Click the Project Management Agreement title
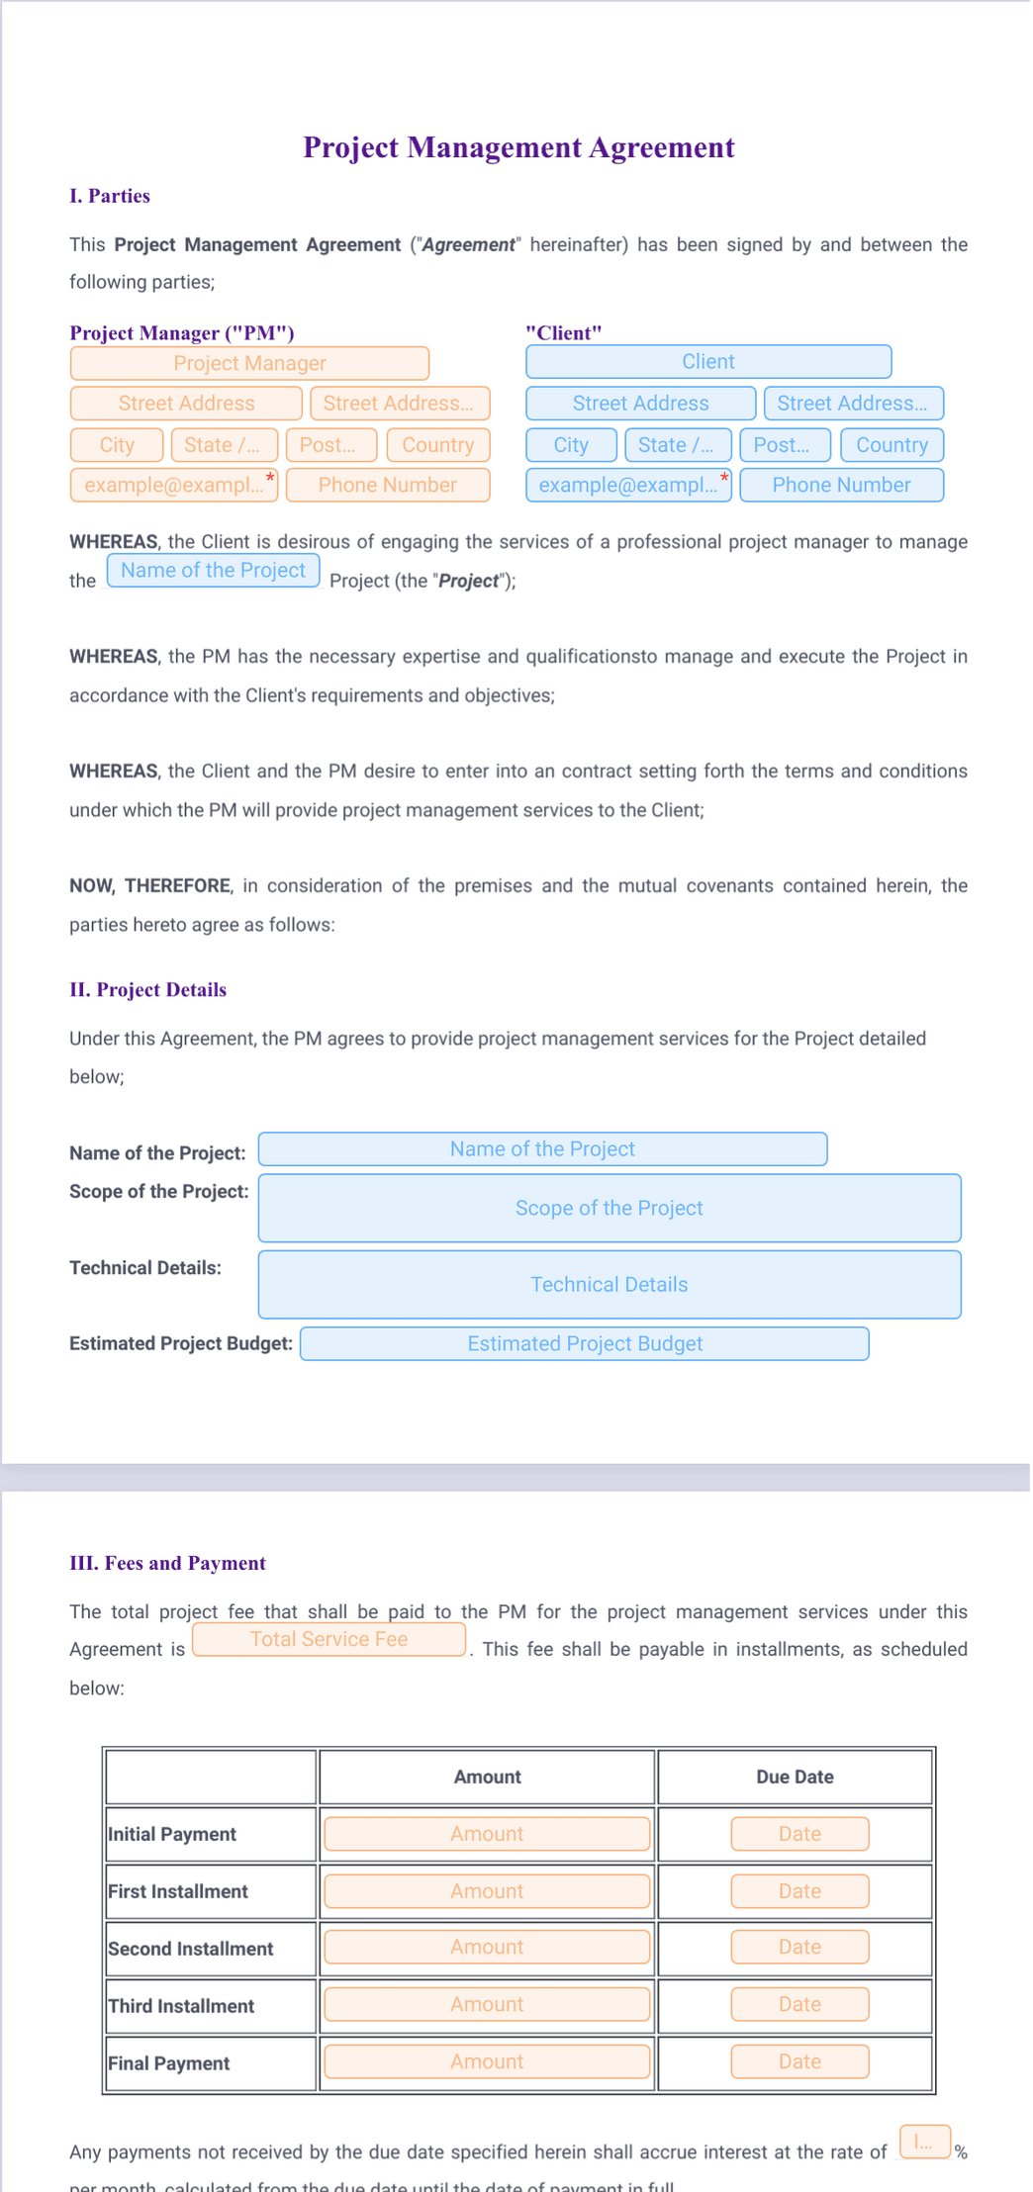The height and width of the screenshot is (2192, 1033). [518, 147]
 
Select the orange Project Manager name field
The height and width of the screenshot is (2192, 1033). [249, 363]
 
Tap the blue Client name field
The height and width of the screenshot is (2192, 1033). [707, 362]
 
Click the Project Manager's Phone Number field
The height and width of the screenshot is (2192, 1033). [387, 485]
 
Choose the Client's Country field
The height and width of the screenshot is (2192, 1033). [891, 445]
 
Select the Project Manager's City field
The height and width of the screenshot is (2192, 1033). [117, 445]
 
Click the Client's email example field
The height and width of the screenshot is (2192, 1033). [627, 485]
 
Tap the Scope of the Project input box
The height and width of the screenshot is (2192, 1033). [609, 1208]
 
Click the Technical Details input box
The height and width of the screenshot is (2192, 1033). [609, 1284]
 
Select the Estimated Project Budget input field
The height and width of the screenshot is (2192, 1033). [584, 1343]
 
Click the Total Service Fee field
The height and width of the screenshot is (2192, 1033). [329, 1639]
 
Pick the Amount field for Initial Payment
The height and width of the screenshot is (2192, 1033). [487, 1833]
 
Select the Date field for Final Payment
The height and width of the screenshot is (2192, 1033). [799, 2061]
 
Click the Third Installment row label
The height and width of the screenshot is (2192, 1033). [181, 2006]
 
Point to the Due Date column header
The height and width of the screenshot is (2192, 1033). [795, 1777]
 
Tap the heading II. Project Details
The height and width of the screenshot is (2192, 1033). [147, 989]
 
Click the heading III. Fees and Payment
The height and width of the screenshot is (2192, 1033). [167, 1563]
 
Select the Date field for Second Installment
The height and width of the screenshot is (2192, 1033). [799, 1947]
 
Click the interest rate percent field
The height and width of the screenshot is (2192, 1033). [924, 2143]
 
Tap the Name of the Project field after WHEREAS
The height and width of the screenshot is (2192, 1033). [213, 571]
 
